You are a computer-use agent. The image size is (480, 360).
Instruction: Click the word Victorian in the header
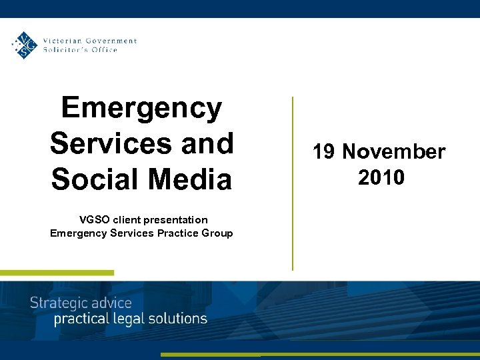click(x=59, y=41)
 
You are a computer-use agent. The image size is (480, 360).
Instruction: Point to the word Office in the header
click(x=104, y=49)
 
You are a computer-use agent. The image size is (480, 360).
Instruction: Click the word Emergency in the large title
click(x=141, y=108)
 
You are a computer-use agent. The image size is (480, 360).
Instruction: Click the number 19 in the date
click(x=325, y=152)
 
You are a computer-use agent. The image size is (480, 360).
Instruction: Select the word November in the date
click(x=393, y=152)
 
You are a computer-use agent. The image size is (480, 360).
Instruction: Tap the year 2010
click(x=381, y=177)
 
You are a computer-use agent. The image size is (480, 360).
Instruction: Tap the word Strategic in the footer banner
click(x=59, y=303)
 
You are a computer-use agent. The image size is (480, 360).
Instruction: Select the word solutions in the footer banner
click(x=177, y=319)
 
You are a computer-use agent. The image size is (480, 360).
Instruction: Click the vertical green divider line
click(x=292, y=183)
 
